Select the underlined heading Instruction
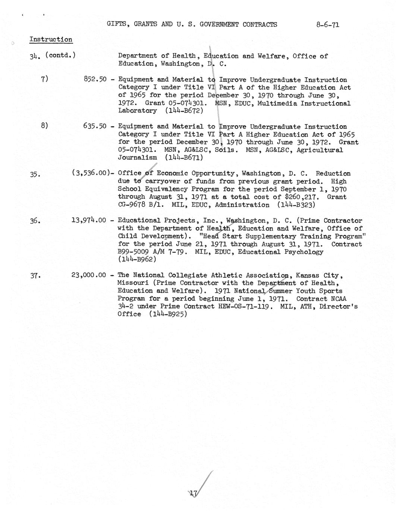tap(51, 40)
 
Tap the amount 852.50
tap(95, 79)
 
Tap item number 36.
tap(35, 221)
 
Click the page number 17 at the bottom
tap(193, 494)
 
